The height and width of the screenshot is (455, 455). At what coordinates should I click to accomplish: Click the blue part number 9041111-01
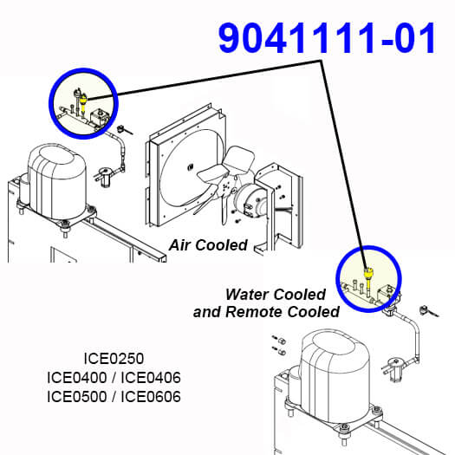pyautogui.click(x=327, y=38)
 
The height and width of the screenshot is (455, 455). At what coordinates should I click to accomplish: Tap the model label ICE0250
pyautogui.click(x=114, y=359)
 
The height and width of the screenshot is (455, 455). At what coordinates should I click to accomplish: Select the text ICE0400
pyautogui.click(x=76, y=378)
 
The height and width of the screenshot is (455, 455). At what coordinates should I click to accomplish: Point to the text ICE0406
pyautogui.click(x=151, y=378)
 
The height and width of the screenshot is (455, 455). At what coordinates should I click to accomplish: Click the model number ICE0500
pyautogui.click(x=76, y=397)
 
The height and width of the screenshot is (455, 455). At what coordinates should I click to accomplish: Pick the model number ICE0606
pyautogui.click(x=151, y=397)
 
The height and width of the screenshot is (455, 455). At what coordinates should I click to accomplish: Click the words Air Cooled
pyautogui.click(x=208, y=245)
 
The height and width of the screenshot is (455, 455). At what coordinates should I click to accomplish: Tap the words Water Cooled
pyautogui.click(x=276, y=295)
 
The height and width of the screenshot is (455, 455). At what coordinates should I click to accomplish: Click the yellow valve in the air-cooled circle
pyautogui.click(x=83, y=102)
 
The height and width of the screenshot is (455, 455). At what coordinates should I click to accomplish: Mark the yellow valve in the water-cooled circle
pyautogui.click(x=368, y=277)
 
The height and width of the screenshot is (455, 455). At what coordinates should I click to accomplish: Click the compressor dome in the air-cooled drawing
pyautogui.click(x=57, y=181)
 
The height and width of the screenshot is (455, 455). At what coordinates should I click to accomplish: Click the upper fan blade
pyautogui.click(x=240, y=159)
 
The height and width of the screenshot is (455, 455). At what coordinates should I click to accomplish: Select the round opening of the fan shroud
pyautogui.click(x=192, y=168)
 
